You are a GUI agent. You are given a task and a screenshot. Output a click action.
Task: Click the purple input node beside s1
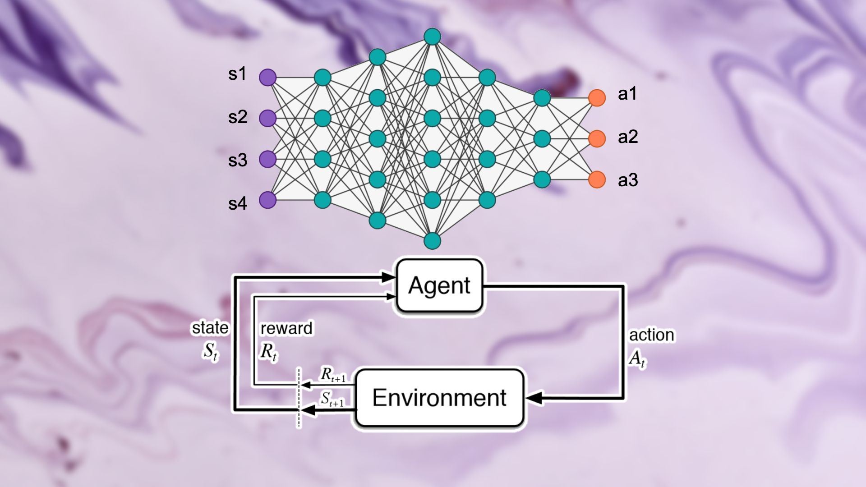click(x=267, y=78)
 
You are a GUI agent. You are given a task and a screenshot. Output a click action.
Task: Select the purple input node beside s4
click(x=267, y=200)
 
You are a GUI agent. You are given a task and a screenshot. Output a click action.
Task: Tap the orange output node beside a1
click(x=597, y=98)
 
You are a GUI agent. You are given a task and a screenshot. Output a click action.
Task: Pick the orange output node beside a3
click(x=597, y=179)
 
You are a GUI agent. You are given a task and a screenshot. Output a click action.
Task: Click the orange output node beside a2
click(x=597, y=138)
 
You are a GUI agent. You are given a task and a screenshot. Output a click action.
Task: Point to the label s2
click(x=238, y=117)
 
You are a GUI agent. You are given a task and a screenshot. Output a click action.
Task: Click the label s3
click(x=238, y=161)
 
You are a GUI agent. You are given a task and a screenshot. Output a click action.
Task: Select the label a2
click(x=628, y=137)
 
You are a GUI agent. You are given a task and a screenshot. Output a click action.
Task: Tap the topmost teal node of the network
click(x=432, y=37)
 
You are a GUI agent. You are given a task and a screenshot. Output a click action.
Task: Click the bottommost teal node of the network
click(x=432, y=241)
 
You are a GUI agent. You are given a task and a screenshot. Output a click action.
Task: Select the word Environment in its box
click(x=439, y=398)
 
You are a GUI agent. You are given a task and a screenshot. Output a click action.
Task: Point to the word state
click(x=210, y=328)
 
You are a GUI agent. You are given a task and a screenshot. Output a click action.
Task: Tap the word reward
click(x=286, y=328)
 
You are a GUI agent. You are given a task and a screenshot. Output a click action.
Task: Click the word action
click(x=652, y=335)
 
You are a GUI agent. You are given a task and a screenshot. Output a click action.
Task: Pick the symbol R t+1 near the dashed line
click(x=333, y=375)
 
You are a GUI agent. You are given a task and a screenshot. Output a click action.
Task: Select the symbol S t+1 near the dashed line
click(x=332, y=399)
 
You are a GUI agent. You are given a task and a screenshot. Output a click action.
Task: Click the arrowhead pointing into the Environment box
click(x=533, y=398)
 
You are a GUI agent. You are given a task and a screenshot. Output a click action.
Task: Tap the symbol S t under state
click(x=210, y=352)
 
